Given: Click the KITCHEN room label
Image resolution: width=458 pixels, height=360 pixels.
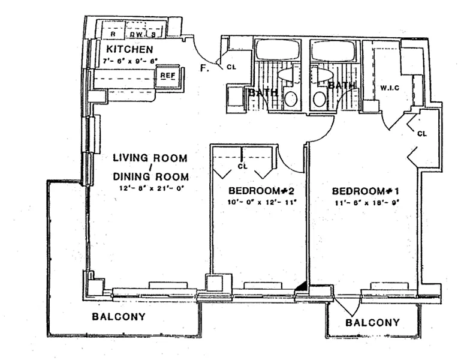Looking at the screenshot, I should pyautogui.click(x=129, y=49).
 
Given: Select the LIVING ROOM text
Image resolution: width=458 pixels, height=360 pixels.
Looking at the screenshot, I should pyautogui.click(x=150, y=158).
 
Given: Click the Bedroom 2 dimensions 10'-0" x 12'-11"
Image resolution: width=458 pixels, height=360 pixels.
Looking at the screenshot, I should pyautogui.click(x=259, y=202).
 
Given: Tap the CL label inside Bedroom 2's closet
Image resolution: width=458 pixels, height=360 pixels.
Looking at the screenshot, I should pyautogui.click(x=243, y=166).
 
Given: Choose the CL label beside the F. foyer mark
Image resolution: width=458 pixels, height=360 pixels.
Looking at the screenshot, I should pyautogui.click(x=231, y=67).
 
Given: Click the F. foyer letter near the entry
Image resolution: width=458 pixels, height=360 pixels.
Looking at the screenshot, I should pyautogui.click(x=204, y=68).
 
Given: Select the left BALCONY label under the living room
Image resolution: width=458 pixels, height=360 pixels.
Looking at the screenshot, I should pyautogui.click(x=119, y=316).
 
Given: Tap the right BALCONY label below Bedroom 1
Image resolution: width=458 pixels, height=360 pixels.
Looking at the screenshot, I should pyautogui.click(x=373, y=323).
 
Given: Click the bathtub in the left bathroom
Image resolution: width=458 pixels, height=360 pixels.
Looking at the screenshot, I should pyautogui.click(x=278, y=50).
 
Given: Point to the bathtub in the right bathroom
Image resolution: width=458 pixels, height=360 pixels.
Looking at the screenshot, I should pyautogui.click(x=333, y=51).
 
